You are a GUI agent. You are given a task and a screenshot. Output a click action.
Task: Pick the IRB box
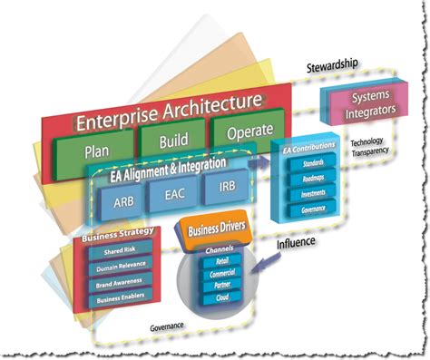[x=226, y=190]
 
